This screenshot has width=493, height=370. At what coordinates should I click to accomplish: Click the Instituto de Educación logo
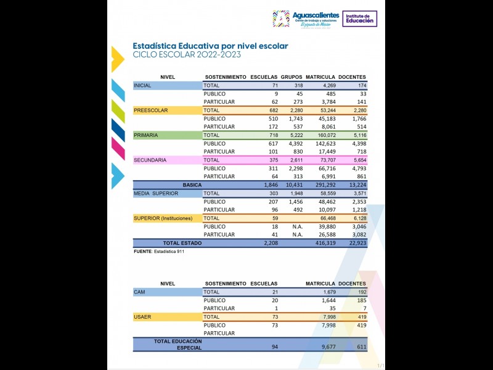360,18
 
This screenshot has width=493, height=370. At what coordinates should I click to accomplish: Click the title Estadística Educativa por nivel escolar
210,46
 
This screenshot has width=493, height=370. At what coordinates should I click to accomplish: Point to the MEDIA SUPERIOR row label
156,193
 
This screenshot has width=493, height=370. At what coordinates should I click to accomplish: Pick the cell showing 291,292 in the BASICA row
324,185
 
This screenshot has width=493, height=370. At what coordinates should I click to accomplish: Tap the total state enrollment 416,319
324,243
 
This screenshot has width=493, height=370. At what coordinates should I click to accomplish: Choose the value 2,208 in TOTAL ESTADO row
271,243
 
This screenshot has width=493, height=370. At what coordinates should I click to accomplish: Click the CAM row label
139,292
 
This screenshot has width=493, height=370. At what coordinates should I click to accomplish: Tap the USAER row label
143,317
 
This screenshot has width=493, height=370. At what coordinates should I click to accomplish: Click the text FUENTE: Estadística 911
159,252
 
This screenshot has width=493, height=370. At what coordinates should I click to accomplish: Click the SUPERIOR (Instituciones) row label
163,218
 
